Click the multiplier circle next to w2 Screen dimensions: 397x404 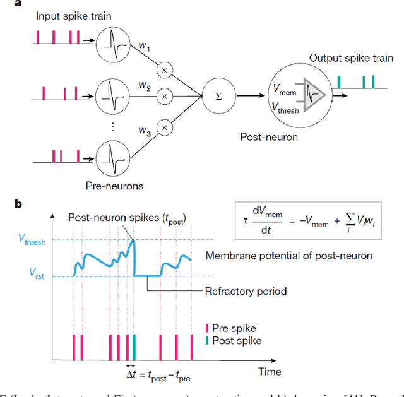[165, 96]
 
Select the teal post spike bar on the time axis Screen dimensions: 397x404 [133, 347]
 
